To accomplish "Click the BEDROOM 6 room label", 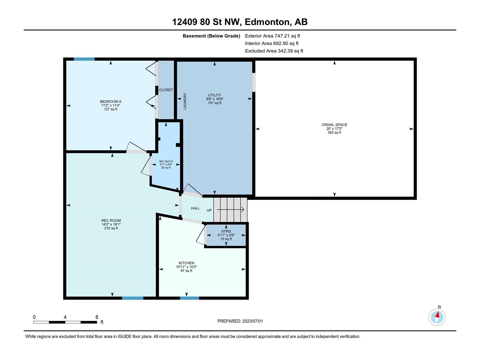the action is tap(110, 101).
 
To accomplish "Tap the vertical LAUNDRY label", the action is tap(185, 101).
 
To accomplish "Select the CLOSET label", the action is tap(166, 90).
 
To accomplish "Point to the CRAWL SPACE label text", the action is tap(334, 125).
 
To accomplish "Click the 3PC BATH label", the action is tap(166, 161).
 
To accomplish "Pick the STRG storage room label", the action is tap(226, 231).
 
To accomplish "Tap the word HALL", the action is tap(195, 208).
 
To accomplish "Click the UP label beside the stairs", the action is tap(209, 210).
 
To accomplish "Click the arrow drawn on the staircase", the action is tap(230, 210).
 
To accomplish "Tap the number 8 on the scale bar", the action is tap(97, 317).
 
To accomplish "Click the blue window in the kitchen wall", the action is tap(189, 298).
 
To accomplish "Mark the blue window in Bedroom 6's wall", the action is tap(84, 59).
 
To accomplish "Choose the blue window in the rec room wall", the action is tap(133, 298).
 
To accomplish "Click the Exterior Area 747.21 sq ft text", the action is tap(272, 36).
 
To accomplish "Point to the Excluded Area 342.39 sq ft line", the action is tap(274, 51).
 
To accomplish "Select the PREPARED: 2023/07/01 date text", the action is tap(240, 321).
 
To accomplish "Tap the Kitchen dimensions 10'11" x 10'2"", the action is tap(186, 267).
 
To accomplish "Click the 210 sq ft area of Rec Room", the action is tap(111, 228).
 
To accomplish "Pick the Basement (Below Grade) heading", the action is tap(211, 36).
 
